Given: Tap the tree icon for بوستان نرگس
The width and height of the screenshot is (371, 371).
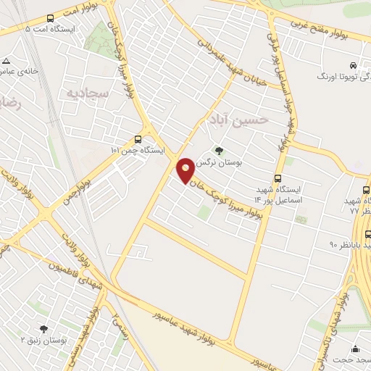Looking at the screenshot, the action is click(x=220, y=151).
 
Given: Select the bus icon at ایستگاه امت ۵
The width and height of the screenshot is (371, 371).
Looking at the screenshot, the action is click(x=50, y=18).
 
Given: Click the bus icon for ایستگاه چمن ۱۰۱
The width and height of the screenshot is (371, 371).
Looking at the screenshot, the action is click(x=138, y=139).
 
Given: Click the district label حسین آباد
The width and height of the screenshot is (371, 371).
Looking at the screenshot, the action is click(x=238, y=117).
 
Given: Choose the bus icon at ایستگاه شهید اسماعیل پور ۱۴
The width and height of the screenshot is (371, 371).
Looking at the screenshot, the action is click(x=278, y=179).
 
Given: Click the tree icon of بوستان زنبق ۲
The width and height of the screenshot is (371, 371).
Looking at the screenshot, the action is click(x=44, y=328).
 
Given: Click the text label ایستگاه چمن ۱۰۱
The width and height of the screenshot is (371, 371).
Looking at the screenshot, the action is click(x=138, y=151).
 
